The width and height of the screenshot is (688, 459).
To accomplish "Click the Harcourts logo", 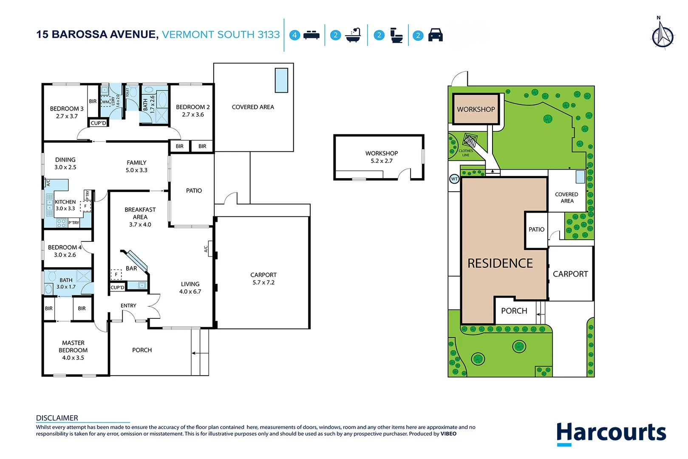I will pos(611,433).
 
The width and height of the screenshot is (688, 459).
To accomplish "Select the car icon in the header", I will pos(435,35).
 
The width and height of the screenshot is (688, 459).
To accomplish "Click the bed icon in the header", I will pos(311,35).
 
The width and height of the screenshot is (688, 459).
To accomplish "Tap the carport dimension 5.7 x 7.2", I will pos(263,283).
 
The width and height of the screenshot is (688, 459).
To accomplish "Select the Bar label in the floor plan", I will pos(131,269).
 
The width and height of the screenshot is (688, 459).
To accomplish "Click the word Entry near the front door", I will pos(128,306).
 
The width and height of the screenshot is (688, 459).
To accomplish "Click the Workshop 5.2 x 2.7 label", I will pos(381,157).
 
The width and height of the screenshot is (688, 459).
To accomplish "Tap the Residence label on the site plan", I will pos(500,263).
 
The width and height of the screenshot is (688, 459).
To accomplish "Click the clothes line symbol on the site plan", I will pos(470,140).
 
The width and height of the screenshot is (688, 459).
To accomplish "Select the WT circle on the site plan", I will pos(454,179).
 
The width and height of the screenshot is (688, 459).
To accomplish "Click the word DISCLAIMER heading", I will pos(57,418).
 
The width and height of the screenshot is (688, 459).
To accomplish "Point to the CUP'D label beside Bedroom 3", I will pos(99,123).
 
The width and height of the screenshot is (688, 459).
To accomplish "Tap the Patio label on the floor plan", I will pos(194,191).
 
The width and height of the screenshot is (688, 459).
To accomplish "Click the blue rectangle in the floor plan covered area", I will pos(281,80).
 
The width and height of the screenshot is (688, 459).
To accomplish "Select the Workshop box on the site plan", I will pos(476,109).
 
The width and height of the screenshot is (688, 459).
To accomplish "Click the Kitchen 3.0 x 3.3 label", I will pos(65,205).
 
